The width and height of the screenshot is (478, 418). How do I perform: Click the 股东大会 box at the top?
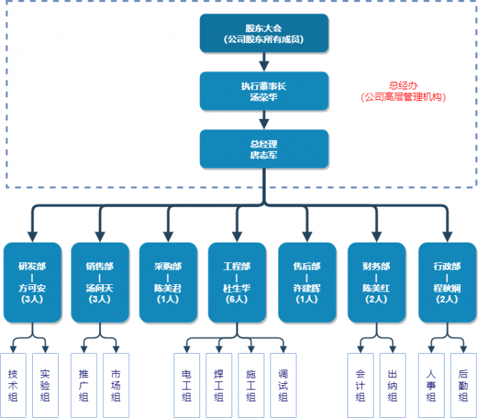pos(264,33)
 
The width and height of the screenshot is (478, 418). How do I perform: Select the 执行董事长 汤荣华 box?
pos(264,91)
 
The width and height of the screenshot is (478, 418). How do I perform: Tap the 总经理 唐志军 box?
pos(264,149)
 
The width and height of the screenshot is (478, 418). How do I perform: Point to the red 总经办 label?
pos(403,92)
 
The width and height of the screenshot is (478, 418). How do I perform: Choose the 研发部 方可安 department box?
pos(32,282)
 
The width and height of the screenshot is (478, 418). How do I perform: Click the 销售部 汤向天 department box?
pos(100,282)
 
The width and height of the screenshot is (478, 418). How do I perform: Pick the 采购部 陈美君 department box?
pos(168,282)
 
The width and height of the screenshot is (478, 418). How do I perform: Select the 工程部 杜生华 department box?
pos(237,282)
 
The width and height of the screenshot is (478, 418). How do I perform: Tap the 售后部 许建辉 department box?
pos(307,282)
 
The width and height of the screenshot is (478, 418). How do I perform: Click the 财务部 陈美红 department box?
pos(376,282)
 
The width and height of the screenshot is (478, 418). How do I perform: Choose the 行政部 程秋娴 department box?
pos(447,282)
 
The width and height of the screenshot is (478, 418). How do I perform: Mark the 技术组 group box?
pos(13,385)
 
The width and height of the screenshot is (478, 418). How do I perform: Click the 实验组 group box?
pos(45,385)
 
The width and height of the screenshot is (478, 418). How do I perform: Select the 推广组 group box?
pos(83,385)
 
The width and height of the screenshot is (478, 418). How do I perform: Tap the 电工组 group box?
pos(186,385)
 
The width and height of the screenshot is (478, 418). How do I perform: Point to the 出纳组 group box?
pos(393,385)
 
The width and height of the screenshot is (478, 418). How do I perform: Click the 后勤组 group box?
pos(463,385)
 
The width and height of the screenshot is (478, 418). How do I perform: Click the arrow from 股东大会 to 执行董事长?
pos(264,62)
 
